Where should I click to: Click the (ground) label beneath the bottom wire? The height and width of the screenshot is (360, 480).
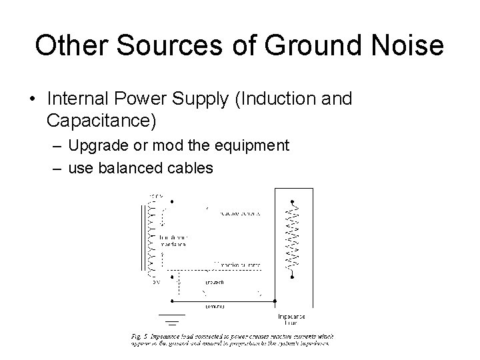pyautogui.click(x=215, y=307)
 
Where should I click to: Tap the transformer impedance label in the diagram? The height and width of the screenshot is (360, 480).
pyautogui.click(x=175, y=240)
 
